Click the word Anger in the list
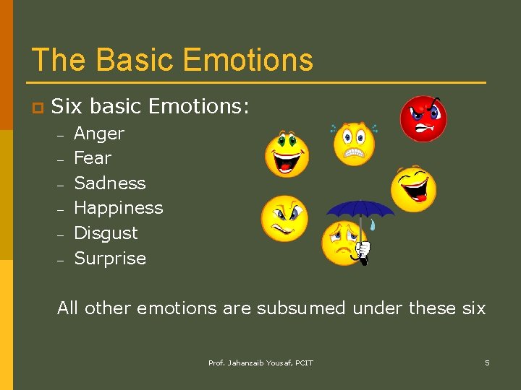[x=99, y=134]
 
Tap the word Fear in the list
[x=93, y=158]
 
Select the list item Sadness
[x=110, y=183]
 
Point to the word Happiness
[x=119, y=208]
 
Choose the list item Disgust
[x=106, y=233]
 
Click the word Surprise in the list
[x=110, y=259]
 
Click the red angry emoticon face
[x=424, y=118]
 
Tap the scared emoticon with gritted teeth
[x=354, y=144]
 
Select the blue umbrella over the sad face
[x=360, y=211]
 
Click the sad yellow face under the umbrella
[x=343, y=243]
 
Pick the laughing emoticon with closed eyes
[x=413, y=188]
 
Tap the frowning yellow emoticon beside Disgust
[x=284, y=219]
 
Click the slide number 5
[x=487, y=363]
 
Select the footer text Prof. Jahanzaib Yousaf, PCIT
[x=260, y=363]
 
